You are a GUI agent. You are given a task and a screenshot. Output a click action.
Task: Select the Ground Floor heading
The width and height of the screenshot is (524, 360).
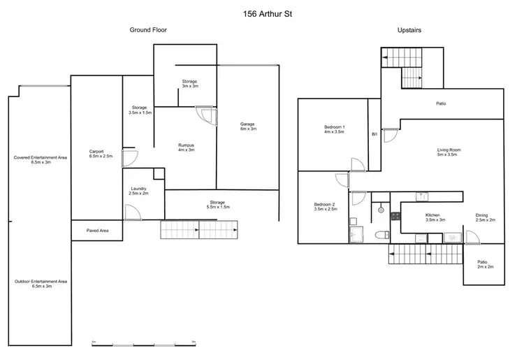click(147, 30)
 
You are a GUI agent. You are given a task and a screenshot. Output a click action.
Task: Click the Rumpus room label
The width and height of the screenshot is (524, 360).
click(186, 147)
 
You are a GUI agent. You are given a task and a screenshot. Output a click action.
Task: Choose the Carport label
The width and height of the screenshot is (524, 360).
click(96, 154)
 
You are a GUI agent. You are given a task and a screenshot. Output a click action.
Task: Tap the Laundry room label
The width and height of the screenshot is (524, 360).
click(138, 191)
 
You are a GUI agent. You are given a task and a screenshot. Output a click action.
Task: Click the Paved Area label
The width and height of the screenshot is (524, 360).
click(96, 230)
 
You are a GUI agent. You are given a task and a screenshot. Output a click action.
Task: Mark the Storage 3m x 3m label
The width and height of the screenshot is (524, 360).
click(190, 84)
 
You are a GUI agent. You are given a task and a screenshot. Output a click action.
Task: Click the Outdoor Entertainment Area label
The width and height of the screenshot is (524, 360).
click(40, 283)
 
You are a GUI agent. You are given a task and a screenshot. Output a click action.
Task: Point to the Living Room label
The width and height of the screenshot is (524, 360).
click(449, 152)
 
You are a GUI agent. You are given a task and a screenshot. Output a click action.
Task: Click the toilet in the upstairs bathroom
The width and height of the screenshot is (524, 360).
click(378, 235)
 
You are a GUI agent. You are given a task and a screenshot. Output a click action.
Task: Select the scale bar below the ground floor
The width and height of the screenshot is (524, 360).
click(143, 344)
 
